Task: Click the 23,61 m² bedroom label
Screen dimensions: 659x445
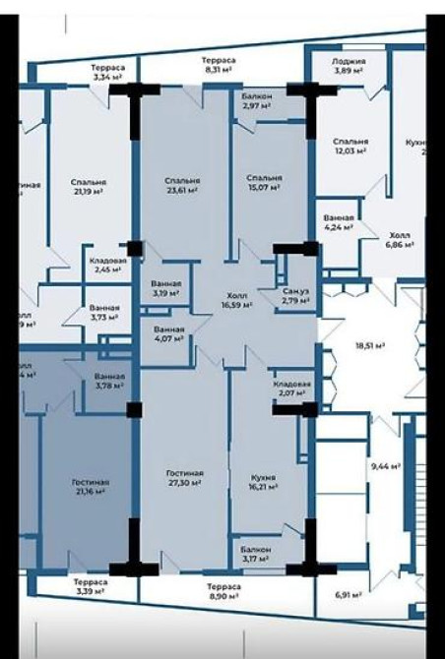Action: tap(182, 187)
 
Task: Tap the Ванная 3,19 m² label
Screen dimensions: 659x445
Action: tap(165, 288)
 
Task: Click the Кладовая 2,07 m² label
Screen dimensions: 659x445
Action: tap(292, 389)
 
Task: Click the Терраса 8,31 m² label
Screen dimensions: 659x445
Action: tap(219, 65)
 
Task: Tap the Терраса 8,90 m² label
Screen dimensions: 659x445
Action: tap(219, 590)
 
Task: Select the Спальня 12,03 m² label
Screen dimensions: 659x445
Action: tap(350, 146)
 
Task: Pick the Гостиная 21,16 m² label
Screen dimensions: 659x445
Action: tap(91, 488)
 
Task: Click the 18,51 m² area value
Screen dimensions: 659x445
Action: tap(369, 346)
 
